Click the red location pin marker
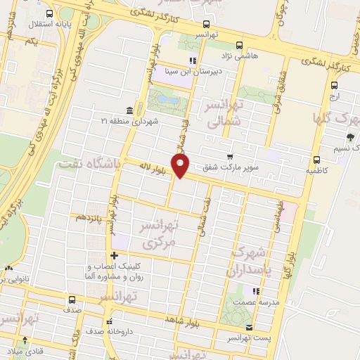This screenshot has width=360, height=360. point(181,166)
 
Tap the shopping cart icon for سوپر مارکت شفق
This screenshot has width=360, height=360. point(229,156)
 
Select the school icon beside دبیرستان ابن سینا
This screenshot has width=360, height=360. point(193,60)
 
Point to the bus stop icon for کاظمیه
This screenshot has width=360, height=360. point(317,159)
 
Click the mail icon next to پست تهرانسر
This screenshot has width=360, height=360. point(250,328)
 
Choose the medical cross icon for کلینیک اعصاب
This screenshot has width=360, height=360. point(114,255)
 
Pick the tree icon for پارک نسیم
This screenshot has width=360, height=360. point(350,137)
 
